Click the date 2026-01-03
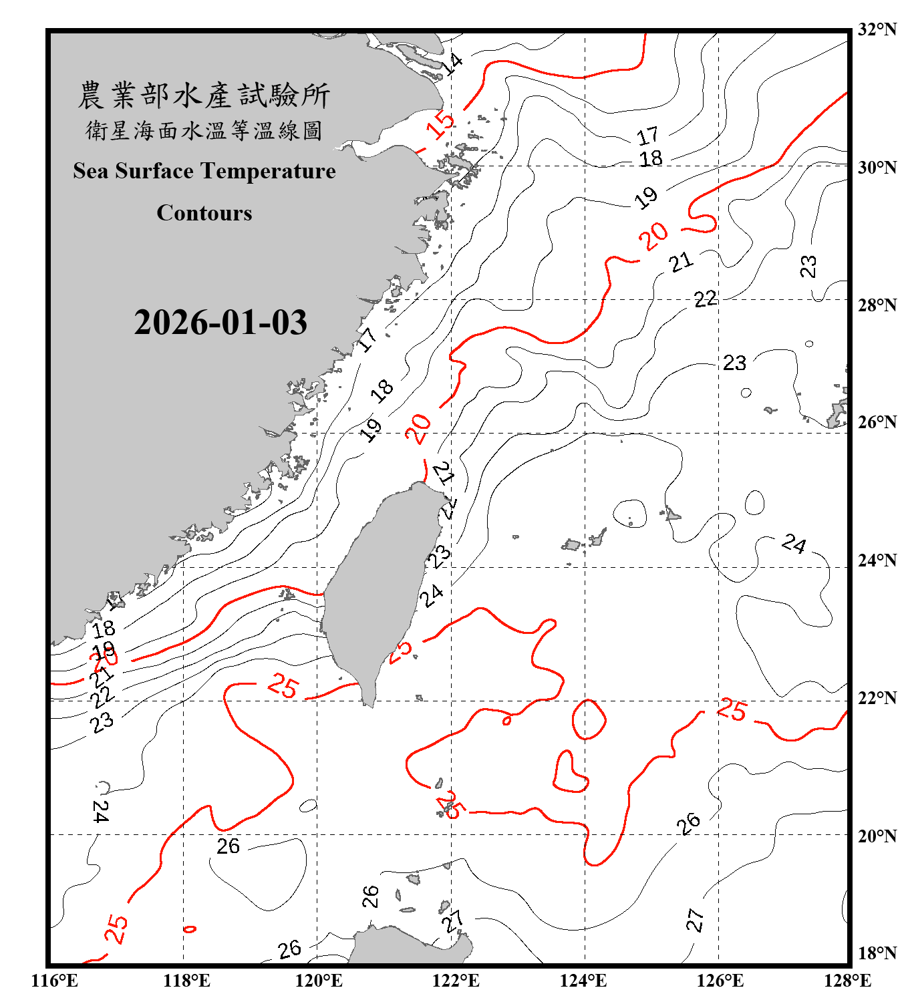220,323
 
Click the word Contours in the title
204,213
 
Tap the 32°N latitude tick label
877,29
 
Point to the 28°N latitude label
877,305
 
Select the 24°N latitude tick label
877,560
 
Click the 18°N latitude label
877,953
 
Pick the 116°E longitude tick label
55,981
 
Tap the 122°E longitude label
456,981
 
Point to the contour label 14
452,64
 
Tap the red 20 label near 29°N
653,235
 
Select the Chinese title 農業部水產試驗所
204,96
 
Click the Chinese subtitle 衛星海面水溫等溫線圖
204,130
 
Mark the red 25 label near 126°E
732,709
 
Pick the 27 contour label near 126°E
695,921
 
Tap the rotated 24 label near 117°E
101,811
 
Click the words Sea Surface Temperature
204,171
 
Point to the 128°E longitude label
847,981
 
